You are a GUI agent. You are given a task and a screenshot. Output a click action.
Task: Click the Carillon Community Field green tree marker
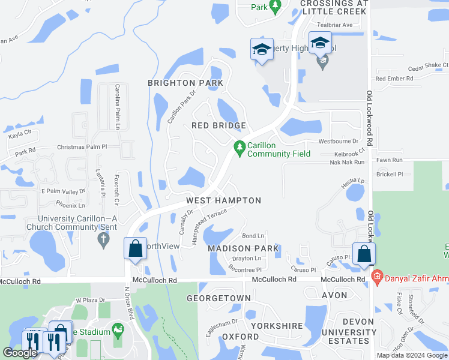[x=240, y=146]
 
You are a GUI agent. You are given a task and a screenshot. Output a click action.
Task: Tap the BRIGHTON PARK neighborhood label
[x=185, y=83]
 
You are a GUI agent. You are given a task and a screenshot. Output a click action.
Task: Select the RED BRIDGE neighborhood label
[x=218, y=125]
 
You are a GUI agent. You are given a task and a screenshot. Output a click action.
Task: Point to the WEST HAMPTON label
[x=223, y=200]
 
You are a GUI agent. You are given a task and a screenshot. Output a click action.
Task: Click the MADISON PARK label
[x=243, y=248]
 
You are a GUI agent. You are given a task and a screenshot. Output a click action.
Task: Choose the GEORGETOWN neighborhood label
[x=218, y=298]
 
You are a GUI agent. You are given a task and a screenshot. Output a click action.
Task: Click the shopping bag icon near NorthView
[x=136, y=248]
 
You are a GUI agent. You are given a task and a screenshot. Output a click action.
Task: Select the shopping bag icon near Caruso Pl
[x=364, y=254]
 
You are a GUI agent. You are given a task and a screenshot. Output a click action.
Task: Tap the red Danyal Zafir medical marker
[x=377, y=277]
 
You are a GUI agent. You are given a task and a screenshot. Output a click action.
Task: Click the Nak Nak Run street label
[x=348, y=162]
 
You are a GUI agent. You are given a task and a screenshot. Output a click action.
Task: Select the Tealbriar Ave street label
[x=334, y=25]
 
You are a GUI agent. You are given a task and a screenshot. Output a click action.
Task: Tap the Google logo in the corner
[x=20, y=353]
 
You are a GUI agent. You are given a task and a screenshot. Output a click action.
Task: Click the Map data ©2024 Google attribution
[x=412, y=355]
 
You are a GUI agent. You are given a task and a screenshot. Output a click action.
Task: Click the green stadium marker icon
[x=118, y=331]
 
